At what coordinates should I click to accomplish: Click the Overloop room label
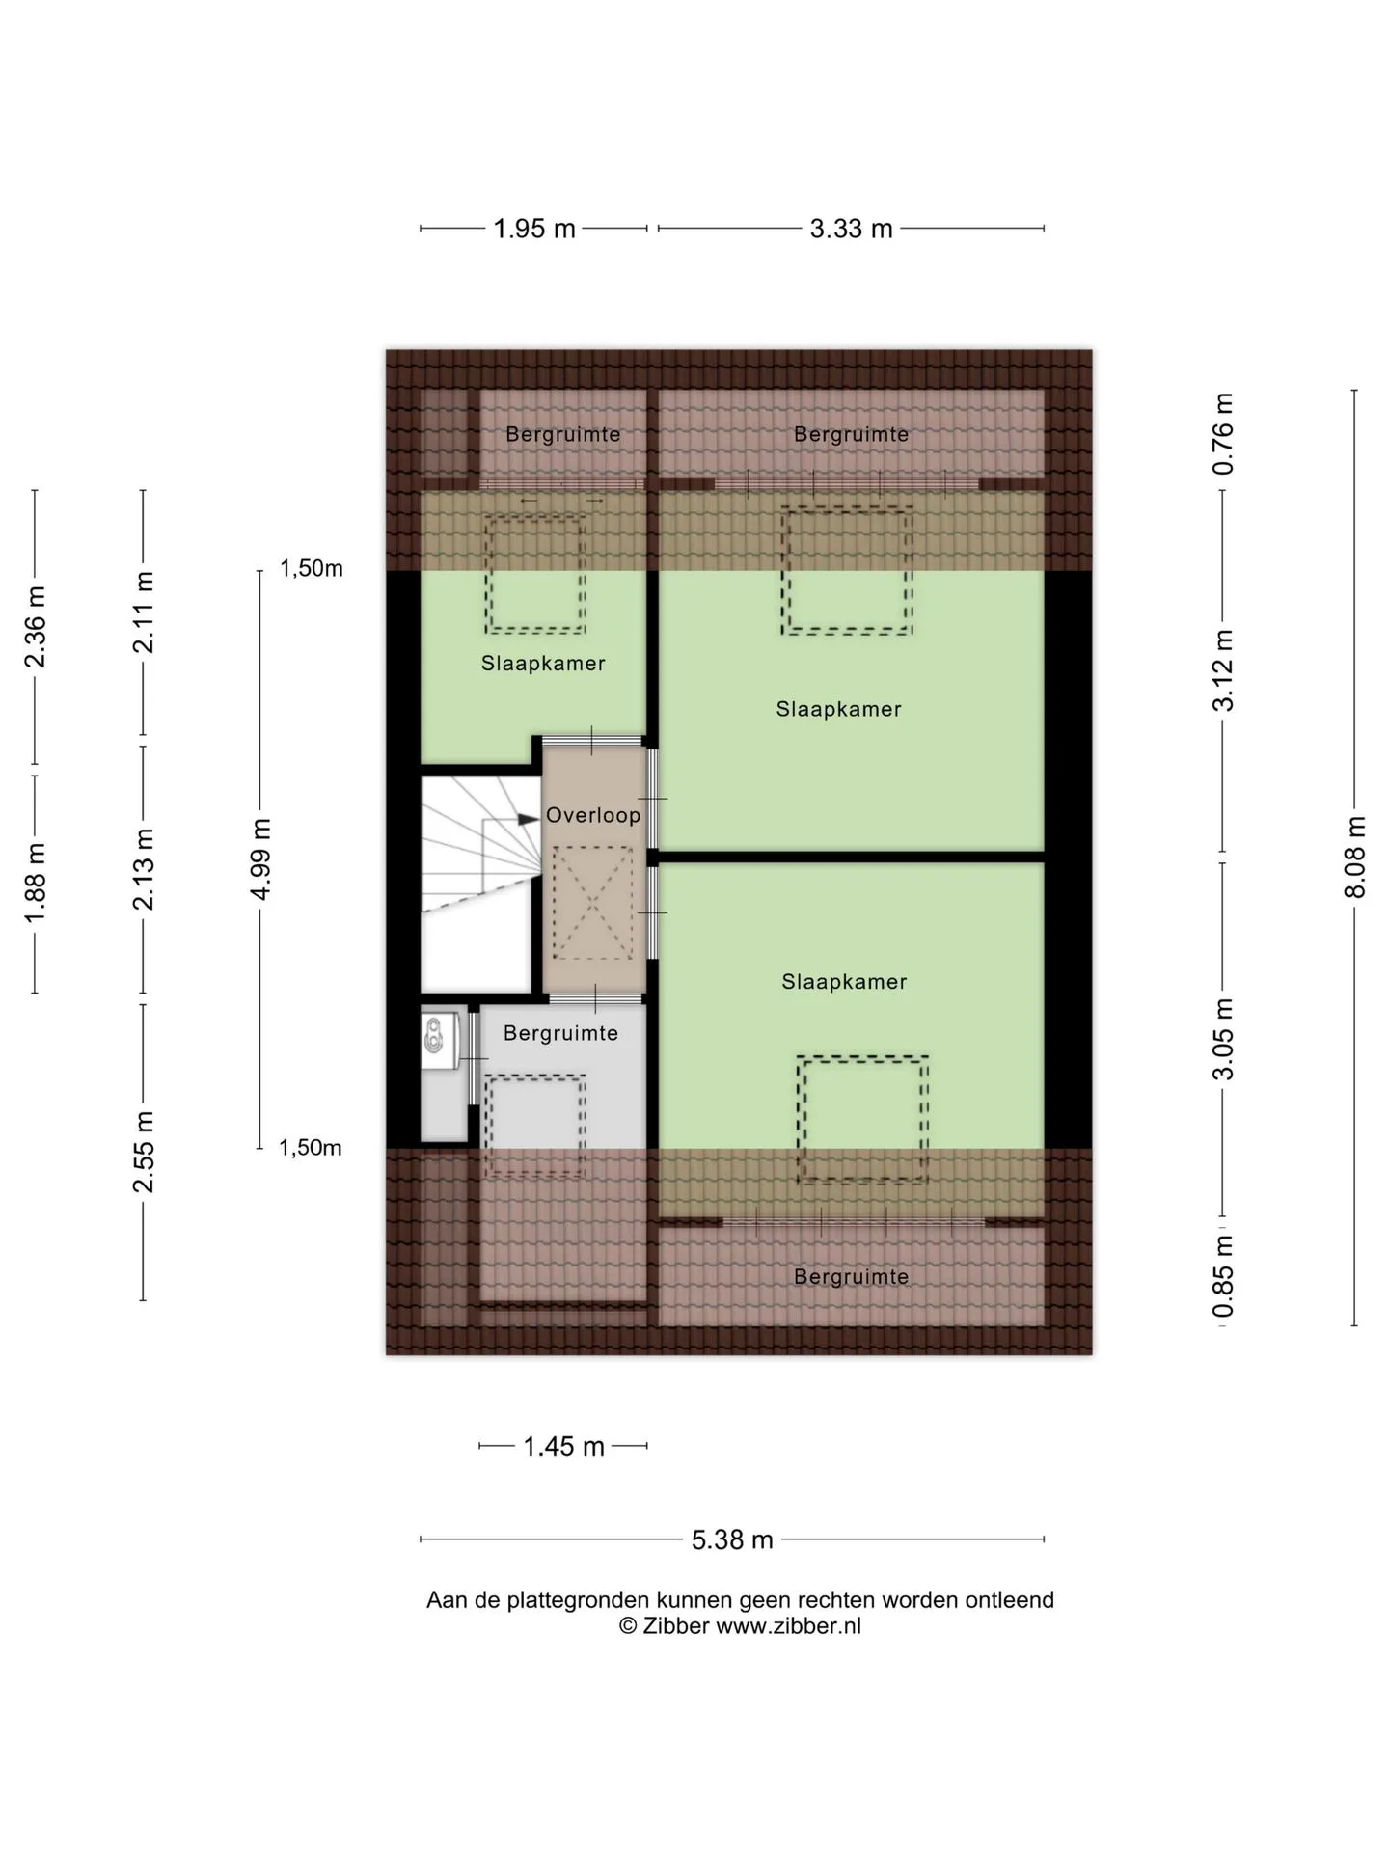point(593,815)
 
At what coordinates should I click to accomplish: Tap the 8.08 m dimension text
point(1355,858)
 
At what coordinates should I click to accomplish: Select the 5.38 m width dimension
point(732,1539)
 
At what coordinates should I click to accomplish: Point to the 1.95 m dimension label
point(534,229)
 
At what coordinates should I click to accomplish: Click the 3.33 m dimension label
point(851,229)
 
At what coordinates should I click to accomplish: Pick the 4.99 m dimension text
point(260,858)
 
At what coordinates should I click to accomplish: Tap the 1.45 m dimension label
point(563,1446)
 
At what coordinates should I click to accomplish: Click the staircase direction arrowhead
point(528,819)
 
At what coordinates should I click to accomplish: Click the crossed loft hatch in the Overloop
point(592,902)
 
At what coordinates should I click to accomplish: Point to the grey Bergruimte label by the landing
point(560,1033)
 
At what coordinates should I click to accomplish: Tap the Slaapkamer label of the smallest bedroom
point(543,664)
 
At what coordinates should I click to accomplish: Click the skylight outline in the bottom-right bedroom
point(862,1119)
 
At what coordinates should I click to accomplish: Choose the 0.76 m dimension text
point(1223,433)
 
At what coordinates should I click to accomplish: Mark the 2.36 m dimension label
point(36,626)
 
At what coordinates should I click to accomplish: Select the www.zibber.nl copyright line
point(740,1625)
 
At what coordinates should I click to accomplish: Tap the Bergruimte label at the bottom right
point(851,1277)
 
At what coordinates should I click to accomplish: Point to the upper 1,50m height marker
point(311,568)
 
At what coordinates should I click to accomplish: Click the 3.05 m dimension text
point(1223,1039)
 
